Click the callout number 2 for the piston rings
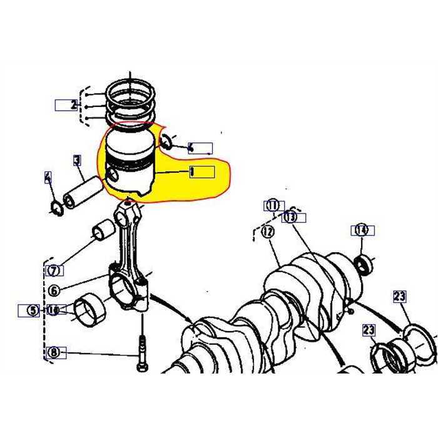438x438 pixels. pos(74,104)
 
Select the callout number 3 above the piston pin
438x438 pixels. pos(77,160)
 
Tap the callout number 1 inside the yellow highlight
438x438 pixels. pos(193,171)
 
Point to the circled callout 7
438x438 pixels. pos(54,271)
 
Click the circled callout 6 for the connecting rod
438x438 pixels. pos(54,290)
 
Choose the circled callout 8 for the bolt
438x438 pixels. pos(54,352)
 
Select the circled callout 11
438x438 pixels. pos(273,205)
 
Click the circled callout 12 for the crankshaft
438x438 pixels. pos(268,232)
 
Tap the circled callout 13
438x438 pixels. pos(290,217)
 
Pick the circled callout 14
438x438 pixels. pos(361,230)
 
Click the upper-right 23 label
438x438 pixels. pos(400,297)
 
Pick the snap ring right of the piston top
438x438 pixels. pos(167,141)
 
